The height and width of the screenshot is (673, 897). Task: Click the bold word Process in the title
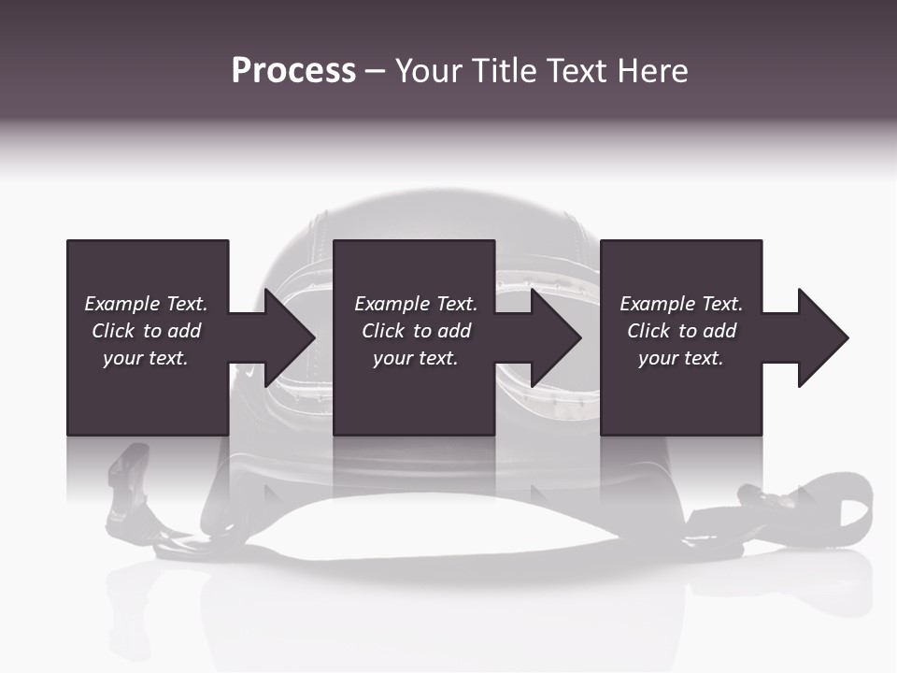pyautogui.click(x=293, y=71)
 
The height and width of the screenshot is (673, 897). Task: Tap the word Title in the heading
pyautogui.click(x=501, y=71)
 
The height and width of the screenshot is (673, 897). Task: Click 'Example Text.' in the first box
pyautogui.click(x=146, y=304)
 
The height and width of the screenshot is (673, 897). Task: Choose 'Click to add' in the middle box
pyautogui.click(x=416, y=331)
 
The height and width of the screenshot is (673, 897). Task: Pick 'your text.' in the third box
pyautogui.click(x=680, y=358)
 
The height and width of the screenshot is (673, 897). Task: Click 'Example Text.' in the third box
pyautogui.click(x=681, y=304)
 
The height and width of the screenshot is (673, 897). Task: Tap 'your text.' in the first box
pyautogui.click(x=145, y=358)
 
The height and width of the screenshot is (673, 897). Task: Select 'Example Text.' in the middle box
pyautogui.click(x=416, y=304)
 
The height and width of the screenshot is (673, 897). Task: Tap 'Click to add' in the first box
pyautogui.click(x=146, y=331)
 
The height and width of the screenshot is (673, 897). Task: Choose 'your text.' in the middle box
pyautogui.click(x=415, y=358)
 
